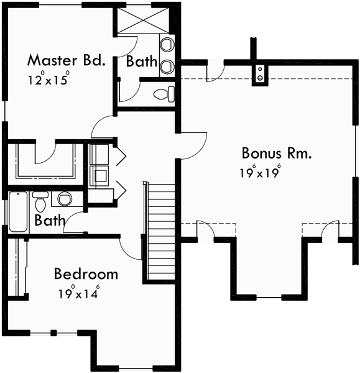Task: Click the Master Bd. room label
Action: (65, 61)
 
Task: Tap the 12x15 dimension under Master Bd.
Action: (47, 80)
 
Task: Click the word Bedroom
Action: (86, 274)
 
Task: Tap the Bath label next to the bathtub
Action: (47, 220)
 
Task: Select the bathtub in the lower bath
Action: (16, 212)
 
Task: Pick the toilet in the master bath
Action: (165, 94)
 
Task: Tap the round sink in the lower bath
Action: (64, 199)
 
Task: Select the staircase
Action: (161, 231)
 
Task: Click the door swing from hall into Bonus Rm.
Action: (194, 146)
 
